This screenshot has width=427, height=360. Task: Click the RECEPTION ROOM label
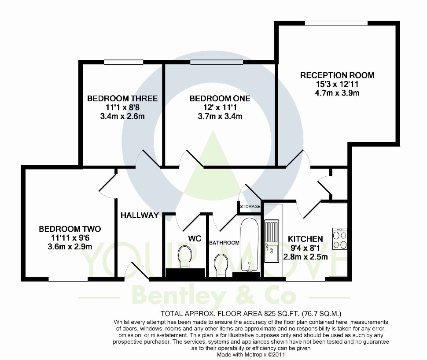(x=337, y=75)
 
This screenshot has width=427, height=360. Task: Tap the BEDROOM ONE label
(x=220, y=98)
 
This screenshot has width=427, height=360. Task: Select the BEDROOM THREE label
(x=122, y=98)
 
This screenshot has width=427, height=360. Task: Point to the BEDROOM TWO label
(x=70, y=229)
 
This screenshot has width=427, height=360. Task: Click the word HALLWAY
(x=140, y=215)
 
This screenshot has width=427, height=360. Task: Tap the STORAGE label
(x=250, y=207)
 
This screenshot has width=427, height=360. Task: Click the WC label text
(x=195, y=239)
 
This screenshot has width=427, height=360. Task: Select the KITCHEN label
(x=305, y=239)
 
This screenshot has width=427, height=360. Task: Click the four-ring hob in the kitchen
(x=340, y=239)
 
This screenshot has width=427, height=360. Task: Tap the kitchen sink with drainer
(x=272, y=241)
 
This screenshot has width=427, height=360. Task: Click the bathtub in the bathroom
(x=250, y=245)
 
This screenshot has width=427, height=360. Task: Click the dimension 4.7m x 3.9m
(x=337, y=93)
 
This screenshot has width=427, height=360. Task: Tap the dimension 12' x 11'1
(x=220, y=108)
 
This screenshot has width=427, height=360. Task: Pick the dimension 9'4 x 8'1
(x=305, y=248)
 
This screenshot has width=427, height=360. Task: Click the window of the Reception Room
(x=336, y=23)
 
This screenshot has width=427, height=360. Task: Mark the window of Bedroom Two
(x=68, y=279)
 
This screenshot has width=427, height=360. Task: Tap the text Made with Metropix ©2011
(x=251, y=355)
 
